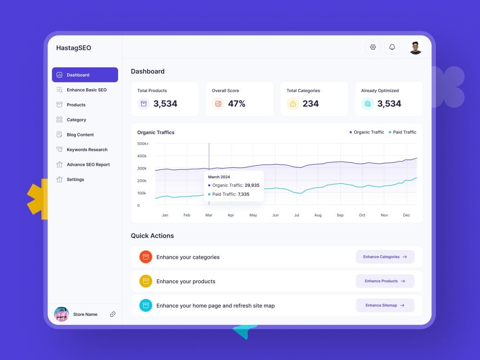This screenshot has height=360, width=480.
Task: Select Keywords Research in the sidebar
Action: click(86, 150)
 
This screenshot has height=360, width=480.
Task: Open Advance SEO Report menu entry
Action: click(88, 165)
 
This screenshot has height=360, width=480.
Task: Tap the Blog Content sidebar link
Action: click(80, 135)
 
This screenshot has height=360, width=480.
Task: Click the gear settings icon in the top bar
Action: click(373, 47)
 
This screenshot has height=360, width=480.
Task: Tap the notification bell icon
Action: click(392, 47)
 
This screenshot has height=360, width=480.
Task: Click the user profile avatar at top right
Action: click(415, 47)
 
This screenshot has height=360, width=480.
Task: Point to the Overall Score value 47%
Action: click(236, 104)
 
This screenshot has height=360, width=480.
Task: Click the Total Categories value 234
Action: click(311, 104)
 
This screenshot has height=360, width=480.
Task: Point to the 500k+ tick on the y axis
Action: click(143, 144)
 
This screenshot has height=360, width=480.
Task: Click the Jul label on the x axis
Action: click(297, 215)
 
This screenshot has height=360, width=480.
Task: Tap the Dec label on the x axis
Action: click(407, 215)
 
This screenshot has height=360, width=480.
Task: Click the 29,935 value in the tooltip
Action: click(252, 185)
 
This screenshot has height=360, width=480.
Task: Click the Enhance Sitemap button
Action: click(385, 305)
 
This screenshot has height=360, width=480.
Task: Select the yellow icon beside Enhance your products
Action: click(146, 281)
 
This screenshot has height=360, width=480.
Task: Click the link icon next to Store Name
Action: click(113, 314)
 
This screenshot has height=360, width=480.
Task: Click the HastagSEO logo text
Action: click(73, 48)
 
